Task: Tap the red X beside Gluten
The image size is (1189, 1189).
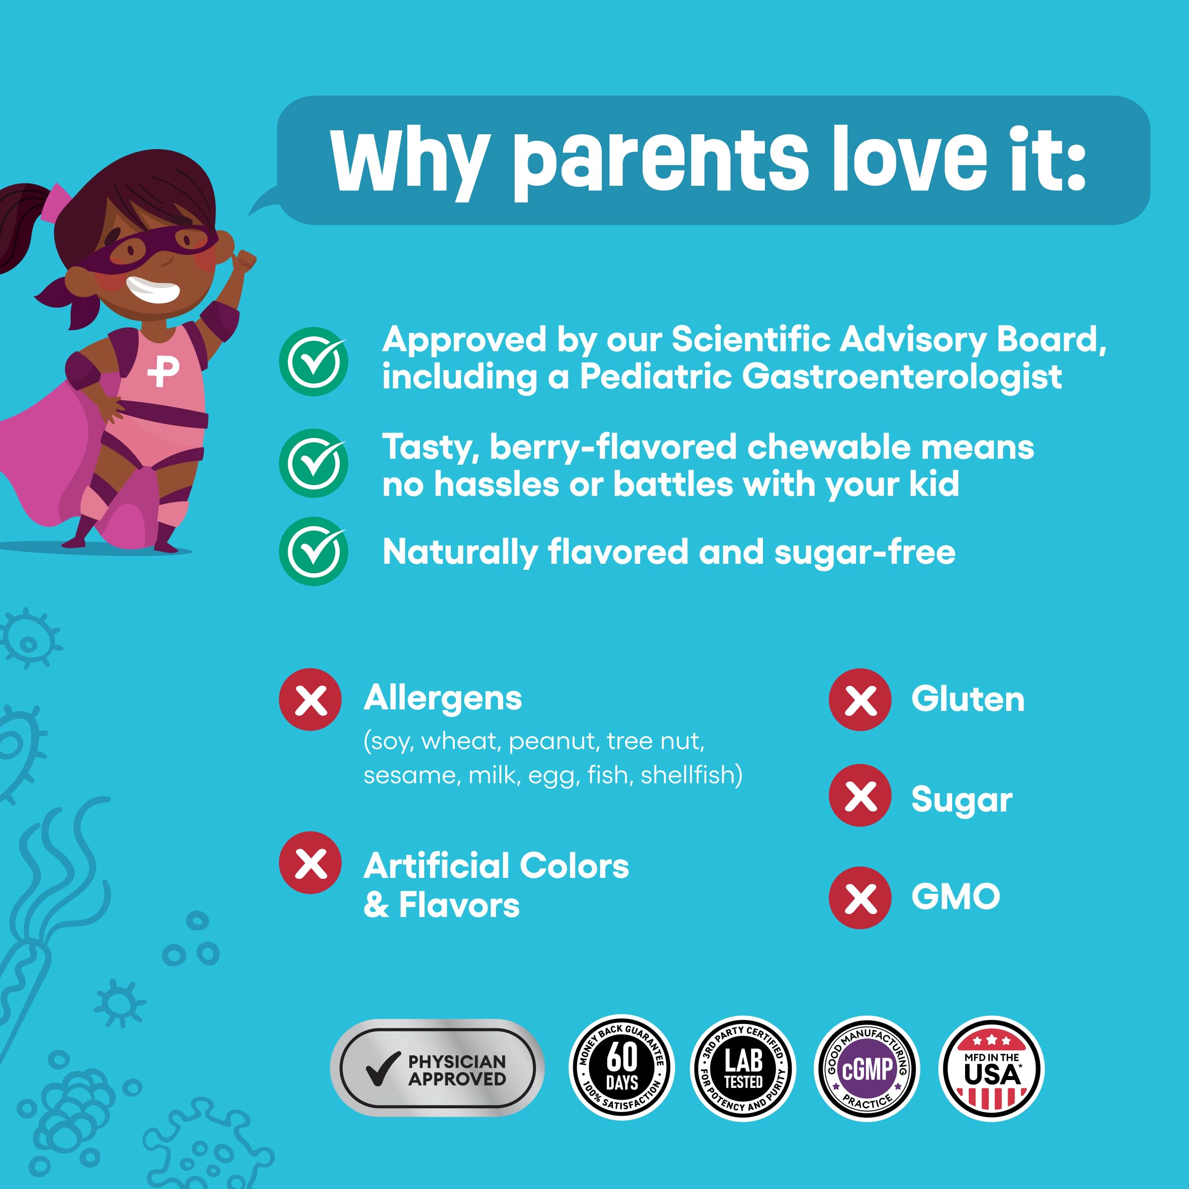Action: click(x=860, y=700)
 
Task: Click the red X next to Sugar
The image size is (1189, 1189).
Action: click(x=860, y=795)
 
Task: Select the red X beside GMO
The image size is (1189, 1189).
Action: click(x=860, y=897)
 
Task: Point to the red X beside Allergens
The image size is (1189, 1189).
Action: click(x=310, y=700)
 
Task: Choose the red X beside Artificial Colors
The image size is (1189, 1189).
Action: click(x=310, y=863)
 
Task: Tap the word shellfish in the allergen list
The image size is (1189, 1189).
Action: click(x=691, y=775)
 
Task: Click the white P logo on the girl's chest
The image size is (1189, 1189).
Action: click(x=163, y=371)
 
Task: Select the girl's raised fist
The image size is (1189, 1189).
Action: click(x=244, y=262)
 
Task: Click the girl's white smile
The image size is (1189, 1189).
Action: click(x=153, y=289)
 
